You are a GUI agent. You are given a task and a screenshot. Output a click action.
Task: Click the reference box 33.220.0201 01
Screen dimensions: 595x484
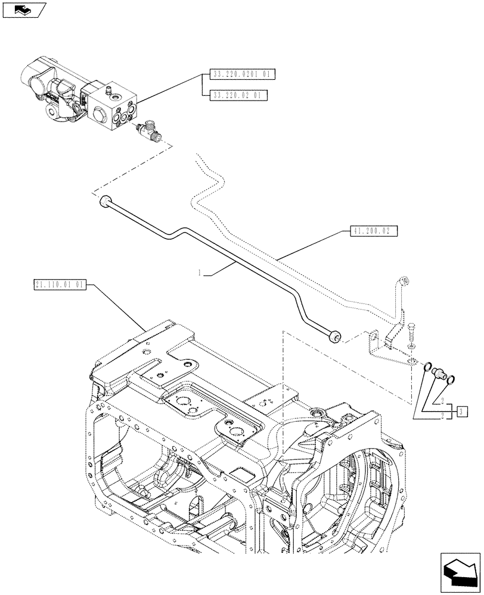[x=239, y=74]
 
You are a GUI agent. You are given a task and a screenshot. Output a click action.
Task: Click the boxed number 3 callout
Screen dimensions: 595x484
[x=463, y=410]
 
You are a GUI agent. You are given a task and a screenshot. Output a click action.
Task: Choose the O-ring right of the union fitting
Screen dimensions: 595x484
[x=451, y=379]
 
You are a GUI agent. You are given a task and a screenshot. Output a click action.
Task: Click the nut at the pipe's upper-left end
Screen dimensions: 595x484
[x=106, y=201]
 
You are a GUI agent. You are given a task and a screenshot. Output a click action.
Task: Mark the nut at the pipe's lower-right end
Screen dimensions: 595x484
[x=335, y=337]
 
